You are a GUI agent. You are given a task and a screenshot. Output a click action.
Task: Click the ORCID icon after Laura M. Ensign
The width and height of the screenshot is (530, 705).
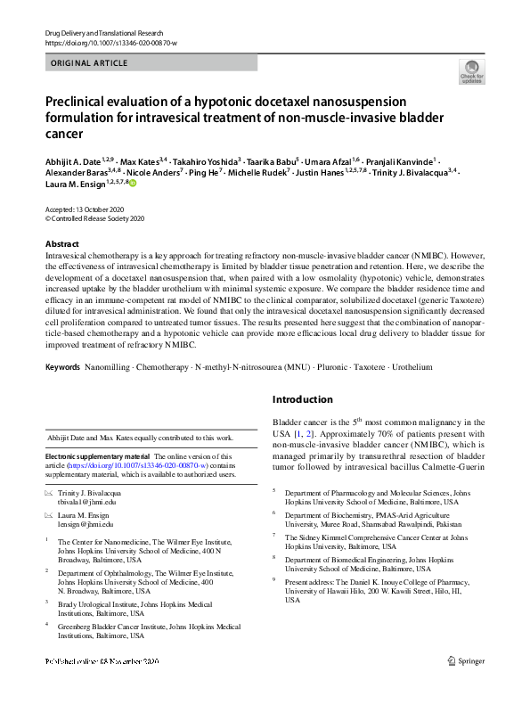click(x=134, y=184)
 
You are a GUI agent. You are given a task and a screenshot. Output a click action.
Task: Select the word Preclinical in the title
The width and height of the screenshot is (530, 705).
click(x=83, y=102)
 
